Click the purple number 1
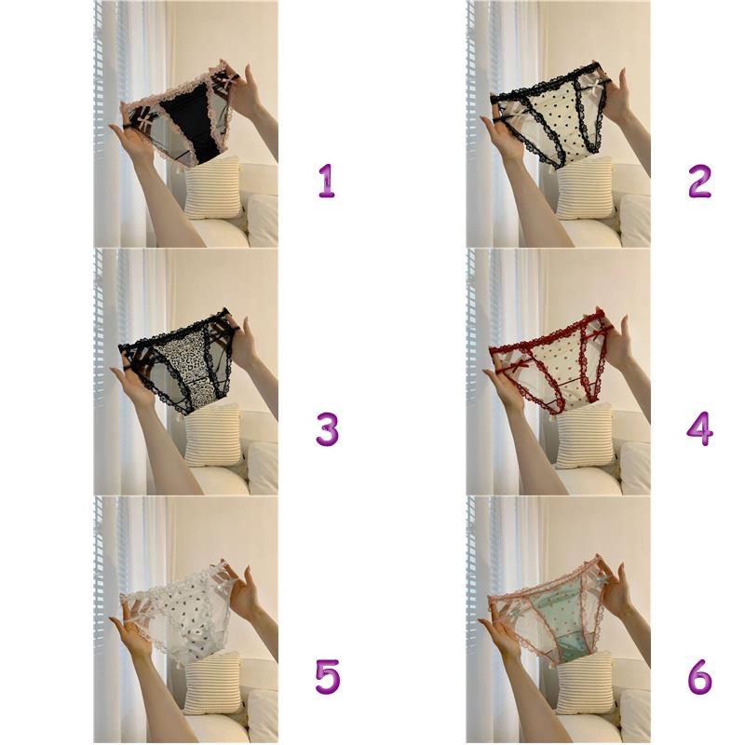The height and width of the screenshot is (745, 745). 327,182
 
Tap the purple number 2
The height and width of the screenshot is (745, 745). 699,182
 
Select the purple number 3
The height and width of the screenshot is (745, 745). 327,429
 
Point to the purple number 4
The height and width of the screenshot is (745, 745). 699,429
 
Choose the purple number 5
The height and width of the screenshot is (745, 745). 328,677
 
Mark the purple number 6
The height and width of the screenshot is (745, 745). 700,677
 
